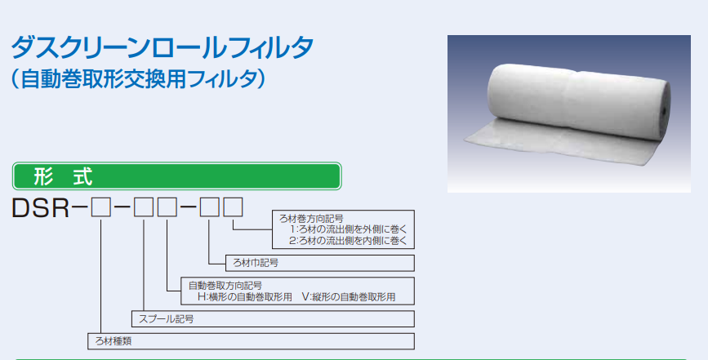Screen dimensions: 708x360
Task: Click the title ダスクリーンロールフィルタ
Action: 163,47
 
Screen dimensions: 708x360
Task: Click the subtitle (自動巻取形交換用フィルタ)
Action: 138,79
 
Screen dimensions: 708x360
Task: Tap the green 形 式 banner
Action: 176,176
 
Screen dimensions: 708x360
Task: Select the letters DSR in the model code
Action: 41,208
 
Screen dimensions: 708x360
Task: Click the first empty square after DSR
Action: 100,207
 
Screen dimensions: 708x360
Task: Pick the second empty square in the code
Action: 144,207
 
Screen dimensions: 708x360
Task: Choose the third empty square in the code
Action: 167,207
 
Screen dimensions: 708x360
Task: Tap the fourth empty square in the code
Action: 210,207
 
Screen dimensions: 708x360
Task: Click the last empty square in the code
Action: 234,207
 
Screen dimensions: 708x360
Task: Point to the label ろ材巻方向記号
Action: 311,220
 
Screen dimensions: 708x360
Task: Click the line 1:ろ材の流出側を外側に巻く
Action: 348,229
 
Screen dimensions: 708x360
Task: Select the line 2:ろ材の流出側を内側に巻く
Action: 348,241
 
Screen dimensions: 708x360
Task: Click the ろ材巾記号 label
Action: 256,263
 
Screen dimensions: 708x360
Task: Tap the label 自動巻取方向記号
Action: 225,286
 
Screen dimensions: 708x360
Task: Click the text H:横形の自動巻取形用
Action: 245,297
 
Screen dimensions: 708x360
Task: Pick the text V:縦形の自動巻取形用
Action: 349,297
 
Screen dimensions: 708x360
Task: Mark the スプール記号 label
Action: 166,319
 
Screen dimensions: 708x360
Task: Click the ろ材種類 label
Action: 114,341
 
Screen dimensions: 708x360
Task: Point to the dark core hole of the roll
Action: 665,111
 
